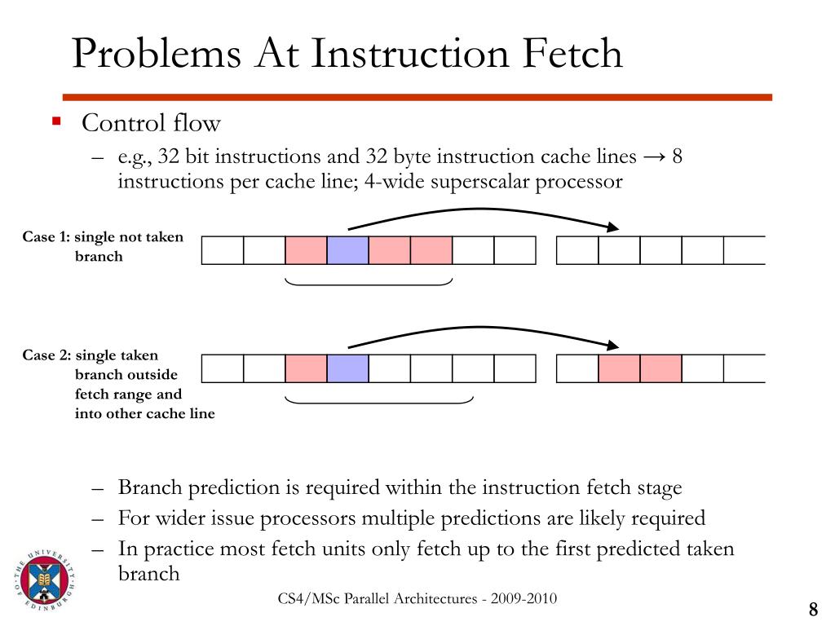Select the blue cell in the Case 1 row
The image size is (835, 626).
tap(347, 250)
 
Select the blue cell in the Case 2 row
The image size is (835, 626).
tap(347, 368)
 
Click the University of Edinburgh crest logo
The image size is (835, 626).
tap(45, 580)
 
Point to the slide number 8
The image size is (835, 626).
tap(813, 610)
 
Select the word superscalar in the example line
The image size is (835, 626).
tap(480, 181)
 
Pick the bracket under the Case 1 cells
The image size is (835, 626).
tap(369, 283)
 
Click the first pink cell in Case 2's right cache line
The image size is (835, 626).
tap(619, 368)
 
